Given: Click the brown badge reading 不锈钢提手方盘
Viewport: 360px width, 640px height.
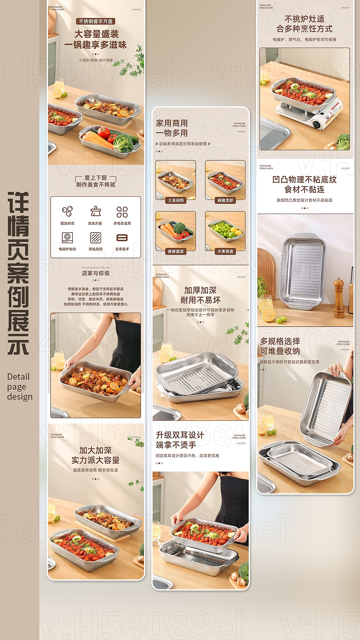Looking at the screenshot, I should click(96, 21).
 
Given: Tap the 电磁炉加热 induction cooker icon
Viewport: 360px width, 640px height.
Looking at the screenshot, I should click(67, 238).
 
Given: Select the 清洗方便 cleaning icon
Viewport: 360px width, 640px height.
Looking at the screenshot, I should click(95, 211).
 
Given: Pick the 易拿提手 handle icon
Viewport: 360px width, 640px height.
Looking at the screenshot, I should click(122, 238).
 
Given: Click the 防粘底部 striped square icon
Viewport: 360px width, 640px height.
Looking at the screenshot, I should click(95, 238).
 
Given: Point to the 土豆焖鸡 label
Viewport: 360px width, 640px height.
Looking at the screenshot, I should click(176, 200).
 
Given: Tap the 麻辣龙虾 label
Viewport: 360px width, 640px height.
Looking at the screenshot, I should click(225, 200).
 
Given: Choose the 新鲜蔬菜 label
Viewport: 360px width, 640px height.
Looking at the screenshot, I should click(176, 251).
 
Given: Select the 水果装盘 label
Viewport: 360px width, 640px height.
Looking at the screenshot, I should click(225, 251).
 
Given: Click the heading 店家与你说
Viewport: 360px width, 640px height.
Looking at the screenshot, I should click(96, 273).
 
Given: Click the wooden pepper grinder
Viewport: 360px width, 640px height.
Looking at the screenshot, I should click(339, 298).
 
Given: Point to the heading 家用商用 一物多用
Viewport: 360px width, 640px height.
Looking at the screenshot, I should click(172, 128).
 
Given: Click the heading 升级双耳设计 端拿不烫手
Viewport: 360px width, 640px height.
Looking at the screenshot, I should click(180, 440).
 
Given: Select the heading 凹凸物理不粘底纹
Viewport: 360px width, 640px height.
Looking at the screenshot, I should click(304, 180).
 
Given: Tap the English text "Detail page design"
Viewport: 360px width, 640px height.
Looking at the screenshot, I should click(20, 387).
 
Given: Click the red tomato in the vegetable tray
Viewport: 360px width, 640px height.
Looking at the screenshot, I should click(104, 133).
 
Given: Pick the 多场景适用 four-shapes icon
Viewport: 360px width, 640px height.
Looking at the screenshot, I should click(122, 212).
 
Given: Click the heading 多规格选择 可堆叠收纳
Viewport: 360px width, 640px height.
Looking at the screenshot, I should click(280, 346).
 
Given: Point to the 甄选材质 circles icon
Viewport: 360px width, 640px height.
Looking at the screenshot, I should click(67, 211).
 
